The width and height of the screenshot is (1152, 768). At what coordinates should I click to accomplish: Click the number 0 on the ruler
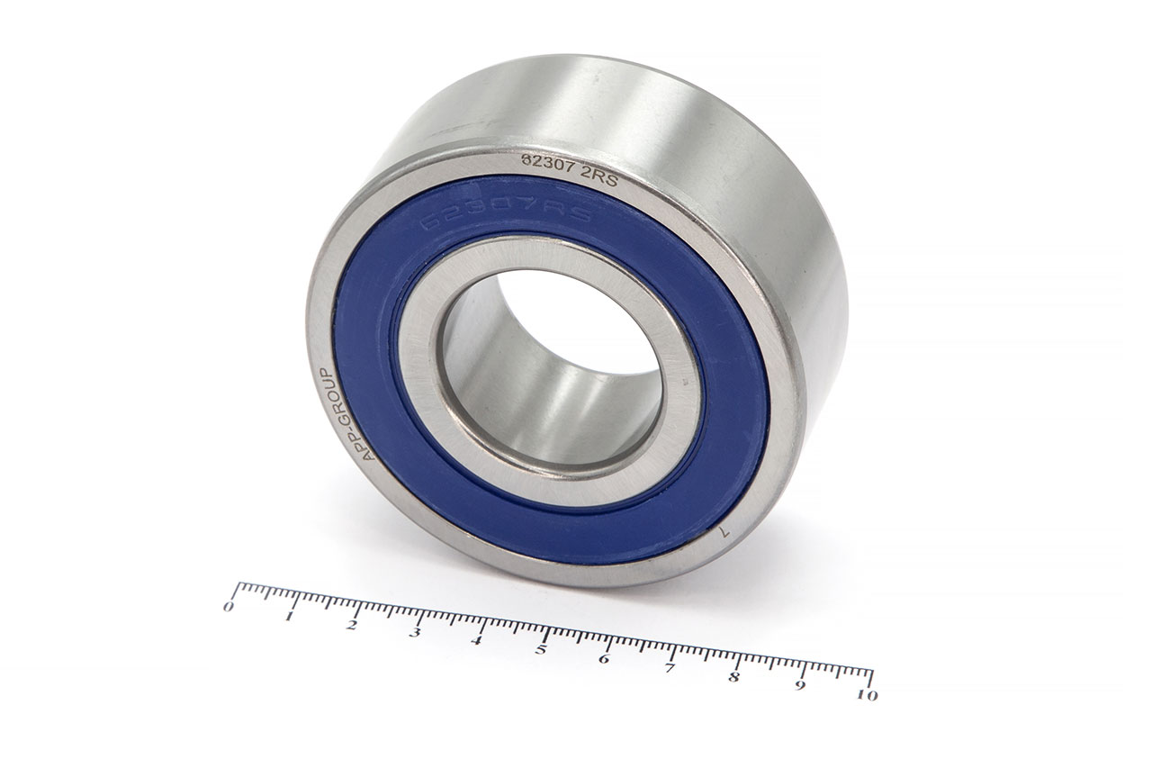coord(229,607)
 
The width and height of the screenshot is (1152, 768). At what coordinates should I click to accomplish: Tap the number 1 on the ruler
coord(290,617)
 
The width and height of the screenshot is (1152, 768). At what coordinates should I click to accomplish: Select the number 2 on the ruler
coord(352,626)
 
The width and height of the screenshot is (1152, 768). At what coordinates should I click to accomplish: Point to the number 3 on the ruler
coord(415,634)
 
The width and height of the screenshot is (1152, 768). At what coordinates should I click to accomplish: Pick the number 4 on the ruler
coord(478,642)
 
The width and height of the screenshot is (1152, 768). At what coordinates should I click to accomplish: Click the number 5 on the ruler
coord(542,651)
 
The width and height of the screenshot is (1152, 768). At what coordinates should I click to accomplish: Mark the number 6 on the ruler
coord(604,659)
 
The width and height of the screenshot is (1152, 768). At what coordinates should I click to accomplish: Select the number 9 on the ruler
coord(800,686)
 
